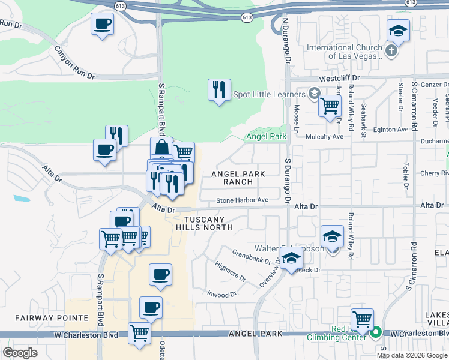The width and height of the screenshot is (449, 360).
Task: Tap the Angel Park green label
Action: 267,137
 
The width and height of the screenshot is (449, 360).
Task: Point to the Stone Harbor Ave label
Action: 241,200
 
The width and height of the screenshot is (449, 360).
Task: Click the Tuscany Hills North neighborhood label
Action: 204,223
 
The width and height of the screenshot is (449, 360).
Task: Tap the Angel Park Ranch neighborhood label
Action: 238,178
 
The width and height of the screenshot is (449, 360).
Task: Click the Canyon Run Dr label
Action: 74,63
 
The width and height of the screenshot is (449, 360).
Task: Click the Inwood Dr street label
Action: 223,295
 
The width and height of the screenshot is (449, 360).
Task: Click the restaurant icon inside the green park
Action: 219,90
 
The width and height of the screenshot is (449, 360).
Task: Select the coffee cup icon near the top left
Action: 102,25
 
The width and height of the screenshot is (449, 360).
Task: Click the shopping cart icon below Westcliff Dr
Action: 330,106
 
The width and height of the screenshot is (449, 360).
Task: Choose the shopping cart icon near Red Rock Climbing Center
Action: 362,318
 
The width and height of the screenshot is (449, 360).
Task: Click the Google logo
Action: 20,353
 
